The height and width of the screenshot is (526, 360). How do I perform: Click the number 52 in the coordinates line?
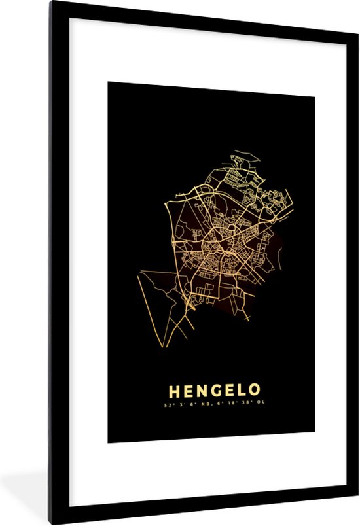tap(168, 405)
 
